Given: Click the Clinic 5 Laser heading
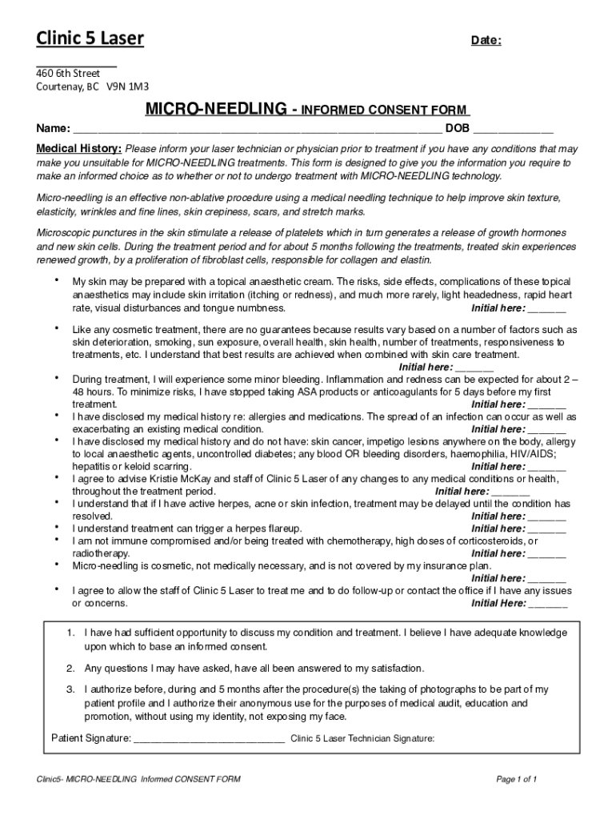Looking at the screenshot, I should [90, 38].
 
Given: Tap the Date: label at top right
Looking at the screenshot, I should [486, 41].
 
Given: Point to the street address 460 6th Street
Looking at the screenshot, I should [68, 74].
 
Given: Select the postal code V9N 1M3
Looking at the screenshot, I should [128, 86].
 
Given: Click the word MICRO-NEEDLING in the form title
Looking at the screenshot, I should [215, 109].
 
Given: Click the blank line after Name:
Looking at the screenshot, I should [257, 128].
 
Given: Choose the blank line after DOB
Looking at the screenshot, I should [513, 128].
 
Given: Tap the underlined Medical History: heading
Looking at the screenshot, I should [79, 149].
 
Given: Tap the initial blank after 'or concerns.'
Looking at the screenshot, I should [548, 604].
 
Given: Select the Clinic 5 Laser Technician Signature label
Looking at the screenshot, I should [362, 739].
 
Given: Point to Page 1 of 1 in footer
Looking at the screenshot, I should [516, 779].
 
